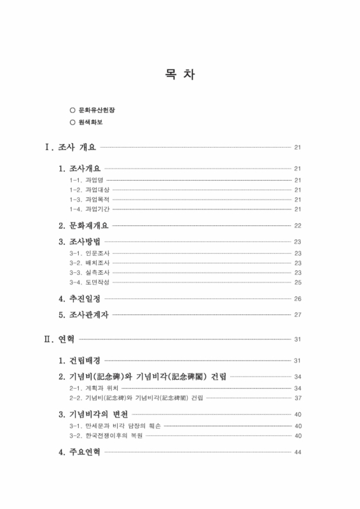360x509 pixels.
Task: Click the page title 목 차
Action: [x=180, y=75]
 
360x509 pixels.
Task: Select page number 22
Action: [x=297, y=226]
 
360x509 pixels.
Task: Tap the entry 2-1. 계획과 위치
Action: [x=93, y=387]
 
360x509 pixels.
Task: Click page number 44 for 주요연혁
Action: [x=297, y=452]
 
